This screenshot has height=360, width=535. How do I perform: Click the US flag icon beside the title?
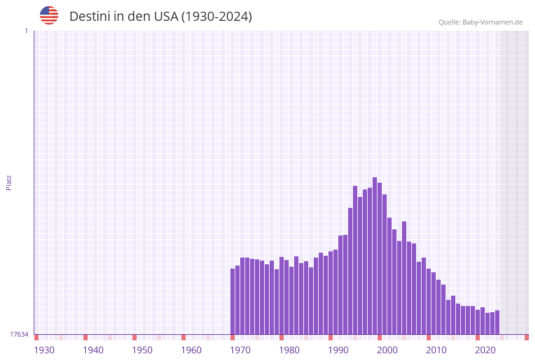pos(49,15)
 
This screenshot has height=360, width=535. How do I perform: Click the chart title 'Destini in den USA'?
pos(161,17)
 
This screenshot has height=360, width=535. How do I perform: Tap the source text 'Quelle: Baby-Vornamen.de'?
pos(480,23)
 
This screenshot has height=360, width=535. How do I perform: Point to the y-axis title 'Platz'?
pos(9,182)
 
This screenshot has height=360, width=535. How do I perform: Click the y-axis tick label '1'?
pos(26,31)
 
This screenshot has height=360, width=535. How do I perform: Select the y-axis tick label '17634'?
pos(19,334)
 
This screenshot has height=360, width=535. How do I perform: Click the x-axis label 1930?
pos(44,350)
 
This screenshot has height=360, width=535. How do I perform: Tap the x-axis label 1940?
pos(93,350)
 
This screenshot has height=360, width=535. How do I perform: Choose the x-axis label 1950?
pos(142,350)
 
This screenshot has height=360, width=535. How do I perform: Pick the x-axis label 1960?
pos(191,350)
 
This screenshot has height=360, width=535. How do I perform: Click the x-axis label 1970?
pos(240,350)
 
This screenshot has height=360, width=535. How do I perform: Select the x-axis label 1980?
pos(289,350)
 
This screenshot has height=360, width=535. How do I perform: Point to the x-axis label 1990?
pos(338,350)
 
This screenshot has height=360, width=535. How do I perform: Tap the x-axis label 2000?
pos(387,350)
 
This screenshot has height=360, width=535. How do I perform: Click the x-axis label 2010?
pos(436,350)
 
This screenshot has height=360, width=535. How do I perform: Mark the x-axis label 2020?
pos(485,350)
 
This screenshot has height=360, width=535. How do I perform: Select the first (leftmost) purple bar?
pos(233,301)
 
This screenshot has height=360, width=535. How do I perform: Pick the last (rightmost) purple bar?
pos(498,322)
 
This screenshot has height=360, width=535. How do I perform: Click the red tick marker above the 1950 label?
pos(135,337)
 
